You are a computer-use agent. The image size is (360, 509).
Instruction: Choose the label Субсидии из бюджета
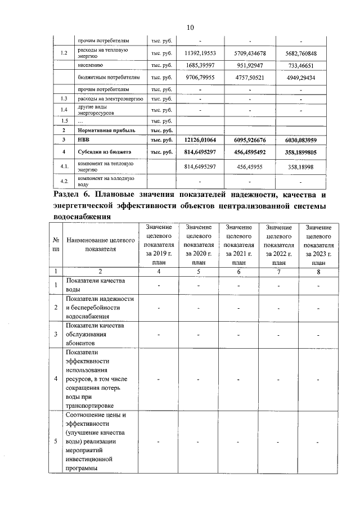tap(105, 152)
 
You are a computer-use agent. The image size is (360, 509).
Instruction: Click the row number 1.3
tap(64, 99)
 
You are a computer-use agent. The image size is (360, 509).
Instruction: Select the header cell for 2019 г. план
tap(159, 244)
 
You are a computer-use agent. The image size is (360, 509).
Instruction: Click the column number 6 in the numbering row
tap(238, 272)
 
